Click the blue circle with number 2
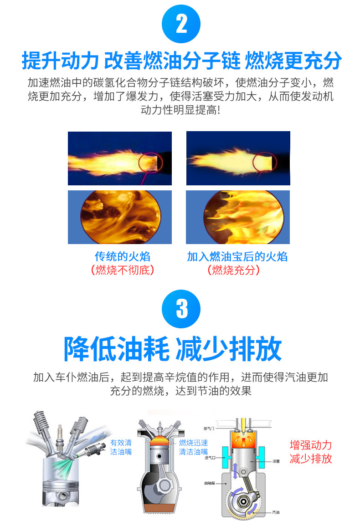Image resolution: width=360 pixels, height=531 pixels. [181, 23]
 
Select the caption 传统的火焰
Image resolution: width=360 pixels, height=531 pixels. [122, 256]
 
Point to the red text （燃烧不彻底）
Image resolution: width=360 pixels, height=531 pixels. [122, 270]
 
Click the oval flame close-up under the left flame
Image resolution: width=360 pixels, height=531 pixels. [119, 217]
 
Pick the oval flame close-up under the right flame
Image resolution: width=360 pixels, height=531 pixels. [237, 217]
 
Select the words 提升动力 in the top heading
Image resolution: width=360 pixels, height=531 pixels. [60, 60]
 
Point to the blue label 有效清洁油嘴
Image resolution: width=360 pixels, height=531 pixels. [121, 447]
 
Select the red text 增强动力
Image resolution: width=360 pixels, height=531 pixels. [311, 445]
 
